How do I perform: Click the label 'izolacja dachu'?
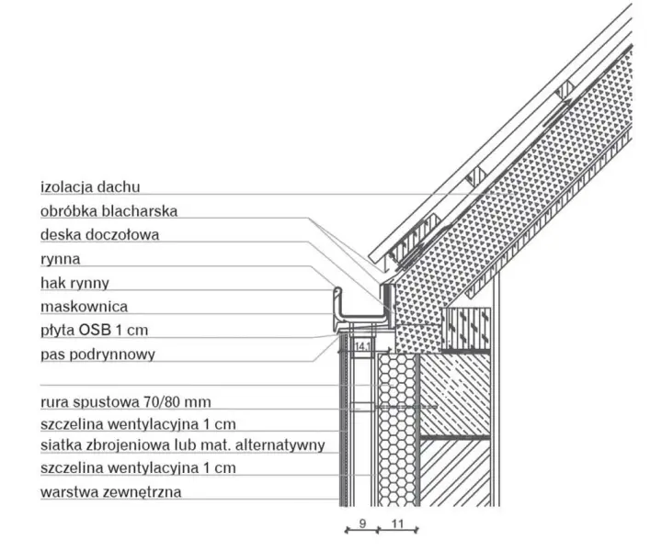pos(90,186)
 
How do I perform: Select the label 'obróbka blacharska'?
pos(108,211)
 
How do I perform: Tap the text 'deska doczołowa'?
pos(99,234)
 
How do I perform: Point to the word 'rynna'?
pos(61,259)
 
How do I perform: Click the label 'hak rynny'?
pos(74,283)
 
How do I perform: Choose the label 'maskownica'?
pos(84,307)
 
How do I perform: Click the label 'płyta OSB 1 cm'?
pos(94,330)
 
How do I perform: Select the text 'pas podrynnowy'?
pos(98,354)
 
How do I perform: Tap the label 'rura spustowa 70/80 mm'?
pos(125,401)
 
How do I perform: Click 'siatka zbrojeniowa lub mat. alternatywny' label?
pos(183,445)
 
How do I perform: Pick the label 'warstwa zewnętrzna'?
pos(111,491)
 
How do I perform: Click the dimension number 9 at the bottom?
pos(362,523)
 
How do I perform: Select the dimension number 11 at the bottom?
pos(398,523)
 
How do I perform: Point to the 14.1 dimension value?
pos(362,346)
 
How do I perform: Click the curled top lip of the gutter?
pos(337,290)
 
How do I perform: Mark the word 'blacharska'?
pos(142,211)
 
